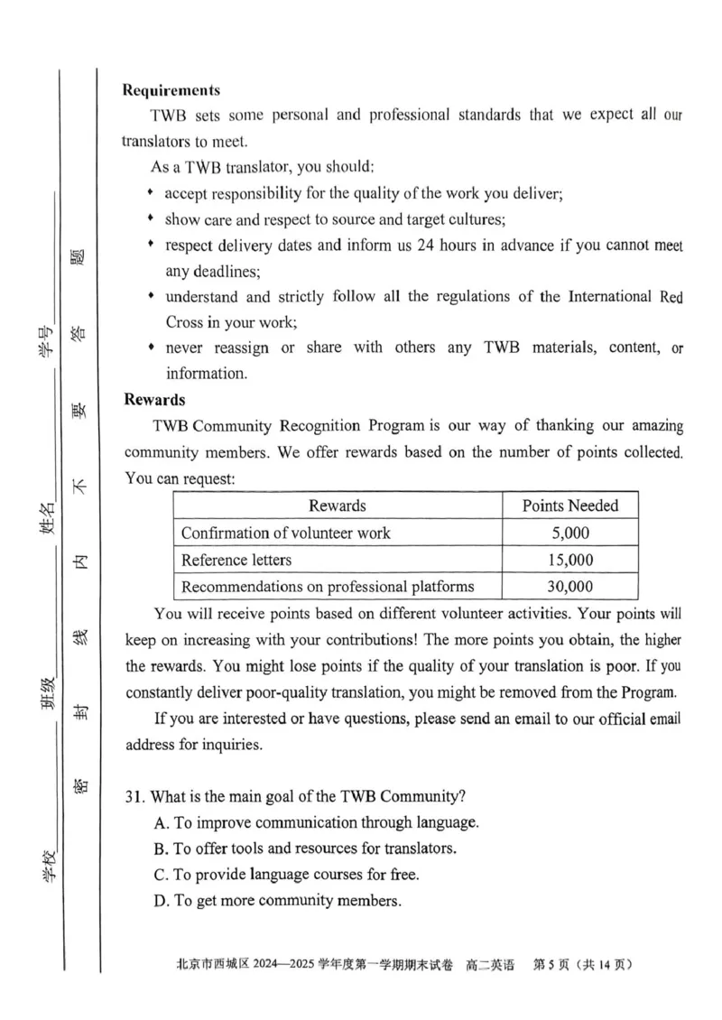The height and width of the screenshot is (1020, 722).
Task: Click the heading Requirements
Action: click(x=171, y=90)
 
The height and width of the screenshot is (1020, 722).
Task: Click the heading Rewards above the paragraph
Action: click(x=153, y=398)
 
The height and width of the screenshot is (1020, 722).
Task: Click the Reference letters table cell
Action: click(x=236, y=560)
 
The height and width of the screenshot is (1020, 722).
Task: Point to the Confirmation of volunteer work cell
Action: click(x=286, y=533)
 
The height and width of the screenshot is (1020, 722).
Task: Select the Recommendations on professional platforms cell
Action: click(x=328, y=587)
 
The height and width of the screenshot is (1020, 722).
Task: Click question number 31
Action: click(x=134, y=796)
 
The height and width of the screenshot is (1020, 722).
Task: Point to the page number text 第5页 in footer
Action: click(x=552, y=965)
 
